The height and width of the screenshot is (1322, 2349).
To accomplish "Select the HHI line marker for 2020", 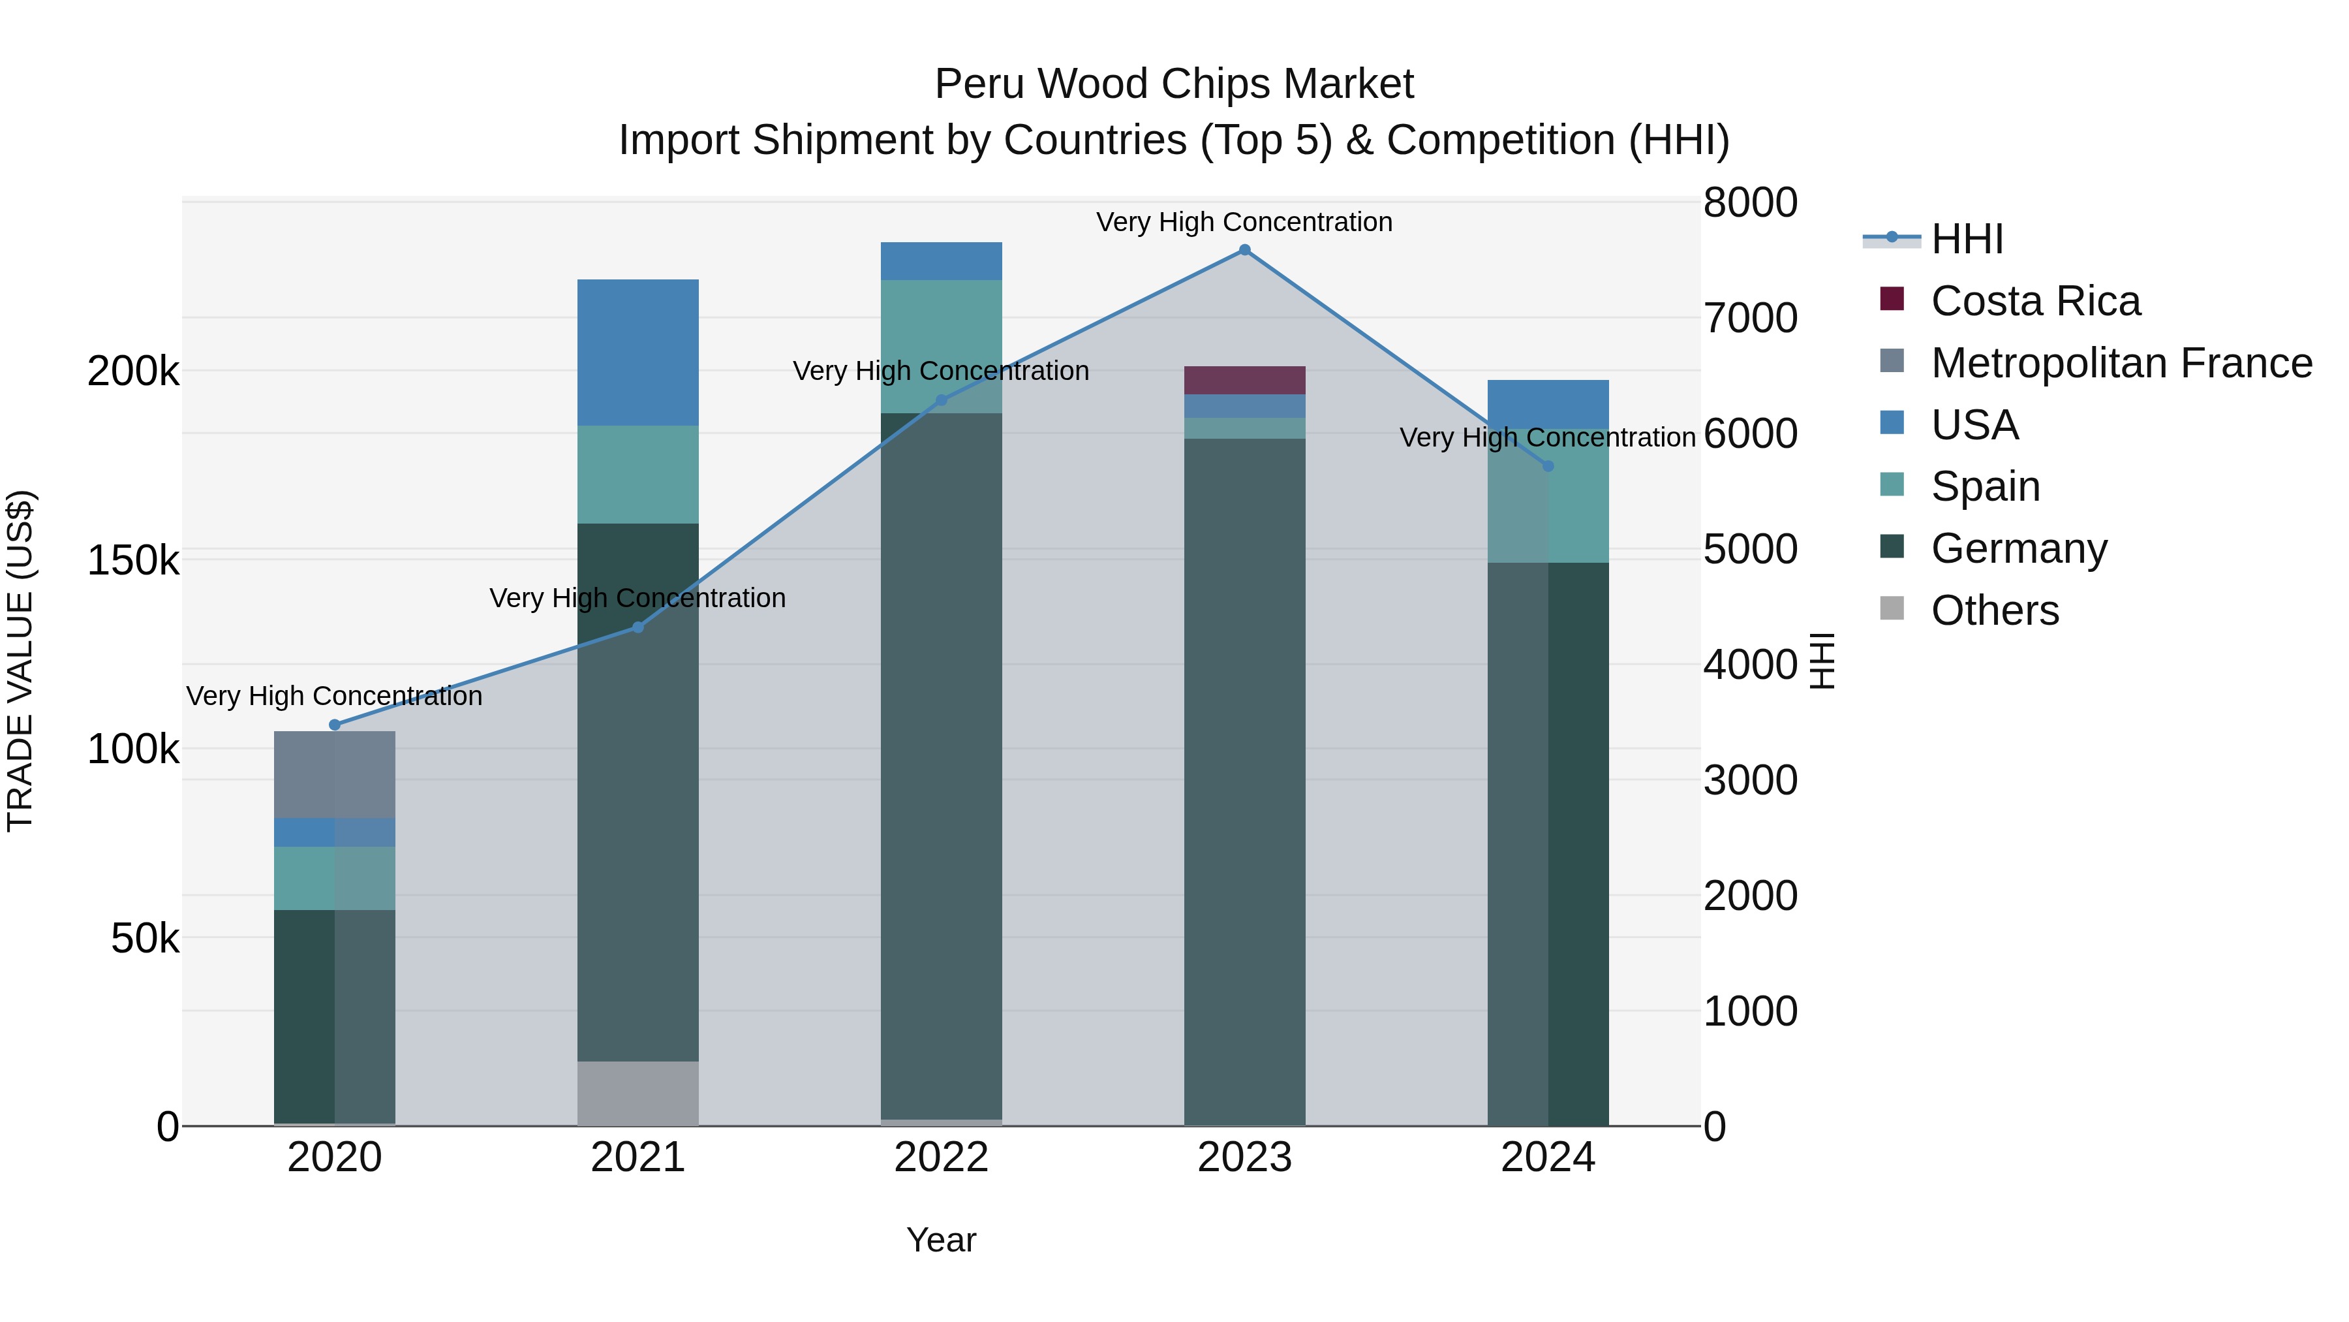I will point(335,725).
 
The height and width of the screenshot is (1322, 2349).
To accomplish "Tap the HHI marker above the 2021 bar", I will point(637,627).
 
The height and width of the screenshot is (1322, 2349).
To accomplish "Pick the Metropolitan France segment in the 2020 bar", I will point(335,774).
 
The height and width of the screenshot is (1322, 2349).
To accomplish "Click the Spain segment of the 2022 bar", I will point(941,346).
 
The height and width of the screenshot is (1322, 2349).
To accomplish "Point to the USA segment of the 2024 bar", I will point(1548,404).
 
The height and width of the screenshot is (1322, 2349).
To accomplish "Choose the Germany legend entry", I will point(2018,548).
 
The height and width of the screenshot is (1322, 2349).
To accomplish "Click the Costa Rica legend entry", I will point(2034,301).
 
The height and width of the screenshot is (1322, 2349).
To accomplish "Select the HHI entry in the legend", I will point(1967,239).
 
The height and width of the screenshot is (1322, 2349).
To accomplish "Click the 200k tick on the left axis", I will point(133,371).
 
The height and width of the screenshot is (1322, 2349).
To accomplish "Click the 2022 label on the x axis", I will point(941,1157).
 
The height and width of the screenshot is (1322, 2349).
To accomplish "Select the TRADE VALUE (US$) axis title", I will point(20,661).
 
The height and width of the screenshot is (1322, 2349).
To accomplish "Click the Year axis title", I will point(941,1240).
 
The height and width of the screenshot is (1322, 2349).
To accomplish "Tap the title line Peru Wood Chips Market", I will point(1174,84).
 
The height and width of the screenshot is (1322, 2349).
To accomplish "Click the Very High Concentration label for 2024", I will point(1548,438).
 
